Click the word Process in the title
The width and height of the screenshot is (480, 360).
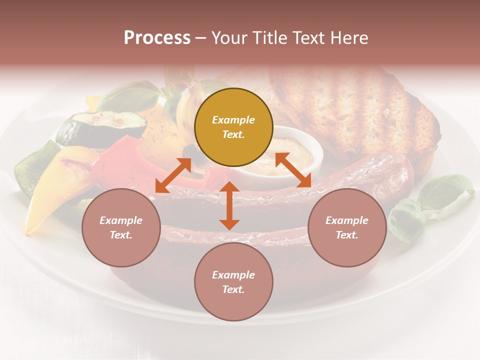point(157,38)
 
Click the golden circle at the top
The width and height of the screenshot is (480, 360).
point(233,127)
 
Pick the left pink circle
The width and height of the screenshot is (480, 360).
point(121,227)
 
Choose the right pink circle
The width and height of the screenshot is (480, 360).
point(347,227)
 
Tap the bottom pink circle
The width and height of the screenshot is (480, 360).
point(233,282)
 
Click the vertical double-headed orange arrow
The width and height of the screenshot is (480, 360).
point(229,205)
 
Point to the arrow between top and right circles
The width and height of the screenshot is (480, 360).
point(293,170)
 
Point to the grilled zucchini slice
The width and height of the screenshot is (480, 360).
point(95,127)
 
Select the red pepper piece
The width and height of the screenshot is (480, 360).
point(117,162)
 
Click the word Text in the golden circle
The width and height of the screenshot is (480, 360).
point(233,135)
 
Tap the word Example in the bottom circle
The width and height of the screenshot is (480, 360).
point(233,274)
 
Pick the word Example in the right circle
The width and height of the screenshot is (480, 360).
point(347,220)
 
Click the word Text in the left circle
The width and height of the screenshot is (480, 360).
point(121,235)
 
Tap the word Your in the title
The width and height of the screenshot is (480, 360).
point(229,38)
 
